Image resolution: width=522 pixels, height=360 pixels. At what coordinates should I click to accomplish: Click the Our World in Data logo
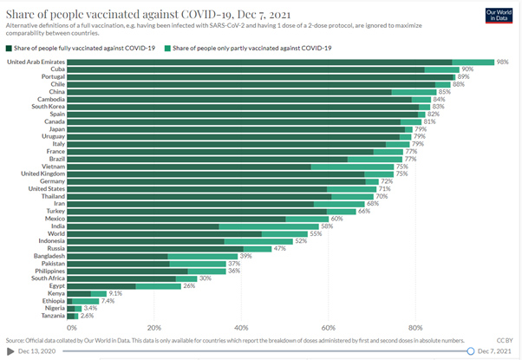pos(499,15)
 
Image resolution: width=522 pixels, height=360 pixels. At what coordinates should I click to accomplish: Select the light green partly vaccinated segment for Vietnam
pos(352,167)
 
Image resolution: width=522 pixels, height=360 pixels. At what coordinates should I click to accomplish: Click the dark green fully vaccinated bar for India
pos(143,226)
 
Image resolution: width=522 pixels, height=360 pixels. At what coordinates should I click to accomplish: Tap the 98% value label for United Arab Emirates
pos(502,62)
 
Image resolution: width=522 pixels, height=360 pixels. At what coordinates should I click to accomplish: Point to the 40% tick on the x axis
pos(241,328)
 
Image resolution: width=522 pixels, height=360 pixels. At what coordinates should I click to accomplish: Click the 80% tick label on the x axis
pos(415,328)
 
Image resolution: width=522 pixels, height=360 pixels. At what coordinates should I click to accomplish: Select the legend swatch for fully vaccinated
pos(9,49)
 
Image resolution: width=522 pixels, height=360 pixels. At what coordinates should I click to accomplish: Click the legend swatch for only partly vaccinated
pos(167,49)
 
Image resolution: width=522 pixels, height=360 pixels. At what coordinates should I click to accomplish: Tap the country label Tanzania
pos(53,316)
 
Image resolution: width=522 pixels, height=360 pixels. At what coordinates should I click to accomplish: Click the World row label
pos(56,234)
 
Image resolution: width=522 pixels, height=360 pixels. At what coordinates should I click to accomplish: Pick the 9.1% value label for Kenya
pos(115,293)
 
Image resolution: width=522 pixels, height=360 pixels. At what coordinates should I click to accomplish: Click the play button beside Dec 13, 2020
pos(10,351)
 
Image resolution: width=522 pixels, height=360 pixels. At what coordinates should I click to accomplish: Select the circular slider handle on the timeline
pos(470,351)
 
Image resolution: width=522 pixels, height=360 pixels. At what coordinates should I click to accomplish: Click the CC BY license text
pos(505,340)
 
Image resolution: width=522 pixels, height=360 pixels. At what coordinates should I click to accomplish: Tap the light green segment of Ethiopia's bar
pos(85,301)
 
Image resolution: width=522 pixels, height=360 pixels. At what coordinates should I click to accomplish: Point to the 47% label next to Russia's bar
pos(279,248)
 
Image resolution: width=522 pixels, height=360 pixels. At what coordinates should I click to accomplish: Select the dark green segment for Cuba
pos(245,69)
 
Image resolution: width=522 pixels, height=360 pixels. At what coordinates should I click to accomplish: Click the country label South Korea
pos(49,107)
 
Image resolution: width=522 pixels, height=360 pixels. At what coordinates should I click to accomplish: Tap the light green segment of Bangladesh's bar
pos(202,256)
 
